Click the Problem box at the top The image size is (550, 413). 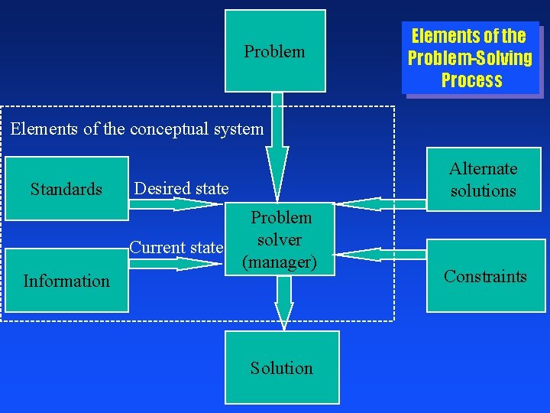(x=275, y=50)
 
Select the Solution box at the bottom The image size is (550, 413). (x=282, y=368)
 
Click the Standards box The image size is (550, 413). (x=66, y=188)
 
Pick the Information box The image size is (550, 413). (x=66, y=281)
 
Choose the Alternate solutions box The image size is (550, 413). (x=483, y=180)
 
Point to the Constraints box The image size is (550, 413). (x=485, y=276)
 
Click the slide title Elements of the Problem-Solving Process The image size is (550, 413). (x=471, y=57)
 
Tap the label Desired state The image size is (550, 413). (x=181, y=188)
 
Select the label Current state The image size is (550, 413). (x=176, y=247)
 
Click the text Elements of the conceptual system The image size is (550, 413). (x=137, y=128)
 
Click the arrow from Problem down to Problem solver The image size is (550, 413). (x=278, y=145)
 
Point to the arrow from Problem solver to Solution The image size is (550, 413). (x=284, y=302)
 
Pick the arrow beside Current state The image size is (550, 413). (x=176, y=263)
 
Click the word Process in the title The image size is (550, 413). (x=471, y=80)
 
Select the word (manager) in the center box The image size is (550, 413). (x=279, y=262)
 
